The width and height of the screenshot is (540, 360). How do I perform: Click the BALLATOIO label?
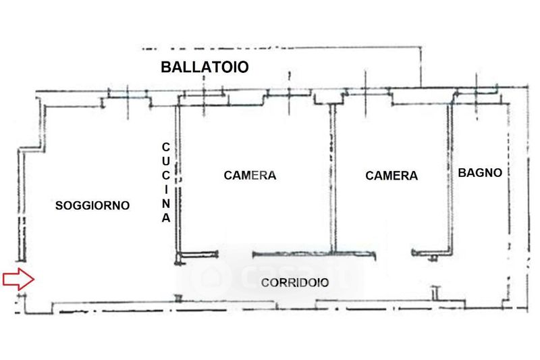click(205, 67)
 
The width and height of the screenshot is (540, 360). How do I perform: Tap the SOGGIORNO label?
click(92, 205)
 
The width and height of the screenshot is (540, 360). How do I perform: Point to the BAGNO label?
click(480, 173)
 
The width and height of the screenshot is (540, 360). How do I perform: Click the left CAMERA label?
click(250, 175)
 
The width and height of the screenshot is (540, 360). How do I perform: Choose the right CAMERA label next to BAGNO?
click(391, 176)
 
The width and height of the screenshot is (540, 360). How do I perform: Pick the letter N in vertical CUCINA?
click(166, 204)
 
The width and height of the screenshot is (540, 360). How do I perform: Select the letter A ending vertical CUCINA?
click(166, 218)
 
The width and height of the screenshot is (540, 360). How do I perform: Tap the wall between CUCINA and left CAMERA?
click(178, 182)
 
